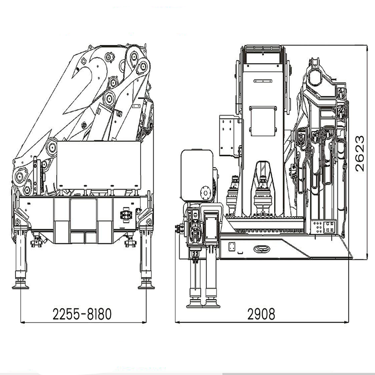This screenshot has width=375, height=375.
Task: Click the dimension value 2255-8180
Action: tap(82, 314)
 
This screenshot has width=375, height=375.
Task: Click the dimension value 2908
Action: tap(261, 314)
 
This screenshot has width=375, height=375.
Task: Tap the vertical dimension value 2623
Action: tap(360, 154)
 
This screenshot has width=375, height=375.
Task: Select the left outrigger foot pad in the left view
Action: tap(20, 285)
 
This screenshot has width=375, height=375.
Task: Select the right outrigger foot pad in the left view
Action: tap(146, 285)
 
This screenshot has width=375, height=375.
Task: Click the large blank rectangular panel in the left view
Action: tap(99, 165)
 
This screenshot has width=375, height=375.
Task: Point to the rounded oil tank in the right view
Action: tap(197, 175)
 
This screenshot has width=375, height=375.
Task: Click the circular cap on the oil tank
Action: tap(205, 193)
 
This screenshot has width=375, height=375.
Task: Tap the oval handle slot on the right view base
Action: tap(262, 249)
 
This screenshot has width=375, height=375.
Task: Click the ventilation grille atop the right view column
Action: tap(263, 49)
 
